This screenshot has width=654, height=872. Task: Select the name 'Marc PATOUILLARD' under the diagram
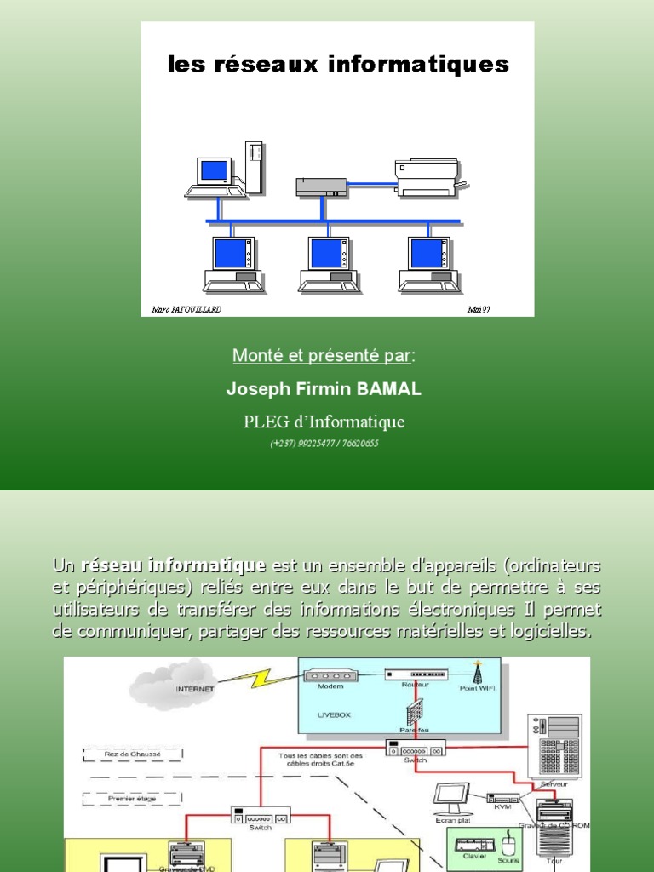click(x=186, y=310)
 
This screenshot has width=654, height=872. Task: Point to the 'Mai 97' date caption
click(x=479, y=310)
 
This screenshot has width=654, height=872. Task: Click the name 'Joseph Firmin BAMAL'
click(x=324, y=389)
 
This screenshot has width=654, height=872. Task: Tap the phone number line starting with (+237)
click(x=324, y=444)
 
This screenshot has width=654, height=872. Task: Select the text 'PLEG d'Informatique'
click(x=324, y=422)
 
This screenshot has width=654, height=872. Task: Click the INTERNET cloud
click(x=170, y=686)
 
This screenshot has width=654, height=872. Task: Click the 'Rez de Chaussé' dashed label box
click(x=133, y=754)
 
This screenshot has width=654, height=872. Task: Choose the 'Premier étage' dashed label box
click(x=133, y=798)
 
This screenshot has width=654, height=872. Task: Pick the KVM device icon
click(x=503, y=799)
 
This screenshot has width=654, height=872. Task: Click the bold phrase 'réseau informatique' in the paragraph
click(x=174, y=565)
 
